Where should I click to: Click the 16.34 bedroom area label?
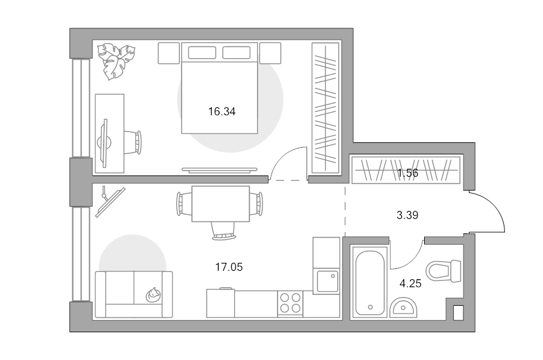pos(221,112)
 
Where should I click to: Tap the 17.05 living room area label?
pos(229,267)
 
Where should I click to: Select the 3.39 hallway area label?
pos(407,215)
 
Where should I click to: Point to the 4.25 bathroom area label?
pos(410,283)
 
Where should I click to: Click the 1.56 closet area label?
pos(408,172)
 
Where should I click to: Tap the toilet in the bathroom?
pos(443,271)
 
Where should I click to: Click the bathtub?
pos(369,282)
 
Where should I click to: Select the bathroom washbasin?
pos(404,308)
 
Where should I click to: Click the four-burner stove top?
pos(290,303)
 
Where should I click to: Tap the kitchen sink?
pos(327,281)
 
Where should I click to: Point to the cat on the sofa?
pos(153,295)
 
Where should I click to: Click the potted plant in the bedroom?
pos(116,61)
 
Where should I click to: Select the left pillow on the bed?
pos(202,52)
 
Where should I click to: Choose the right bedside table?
pos(270,53)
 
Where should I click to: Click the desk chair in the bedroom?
pos(133,142)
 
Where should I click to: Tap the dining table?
pos(221,204)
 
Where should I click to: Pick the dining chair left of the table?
pos(184,204)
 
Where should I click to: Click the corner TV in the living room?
pos(110,202)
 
